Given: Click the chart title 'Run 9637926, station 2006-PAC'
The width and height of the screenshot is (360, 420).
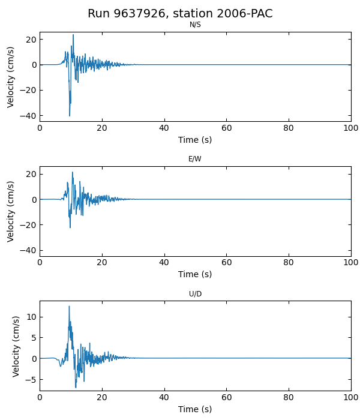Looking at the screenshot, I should point(180,13).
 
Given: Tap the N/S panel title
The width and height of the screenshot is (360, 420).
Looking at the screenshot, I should point(195,25).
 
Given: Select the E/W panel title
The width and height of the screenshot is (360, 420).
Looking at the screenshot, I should point(195,159).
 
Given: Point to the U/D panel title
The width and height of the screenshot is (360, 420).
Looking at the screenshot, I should point(195,294).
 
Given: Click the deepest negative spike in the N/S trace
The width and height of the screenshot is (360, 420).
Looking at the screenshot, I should point(70,116).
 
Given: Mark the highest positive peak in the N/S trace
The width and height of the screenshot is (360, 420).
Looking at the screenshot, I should point(73,35).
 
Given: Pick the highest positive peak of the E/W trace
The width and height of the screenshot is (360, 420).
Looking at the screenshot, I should point(73,172).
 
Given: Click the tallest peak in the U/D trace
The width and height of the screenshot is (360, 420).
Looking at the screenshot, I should point(69,307).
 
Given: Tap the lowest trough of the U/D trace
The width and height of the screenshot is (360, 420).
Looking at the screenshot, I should point(76,387).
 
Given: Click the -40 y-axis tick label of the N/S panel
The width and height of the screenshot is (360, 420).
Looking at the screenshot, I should point(28,116).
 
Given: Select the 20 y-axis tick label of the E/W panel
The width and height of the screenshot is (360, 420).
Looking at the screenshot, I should point(30,174).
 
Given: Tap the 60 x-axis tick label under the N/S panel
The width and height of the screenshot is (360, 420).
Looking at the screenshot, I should point(226,128).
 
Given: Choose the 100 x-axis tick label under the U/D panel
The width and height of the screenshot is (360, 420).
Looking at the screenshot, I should point(351,397).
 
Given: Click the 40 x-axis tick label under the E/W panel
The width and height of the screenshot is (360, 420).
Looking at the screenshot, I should point(164,263).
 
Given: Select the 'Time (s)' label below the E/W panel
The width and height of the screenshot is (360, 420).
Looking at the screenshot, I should point(195,274).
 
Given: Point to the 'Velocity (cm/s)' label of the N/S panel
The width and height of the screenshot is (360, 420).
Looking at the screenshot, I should point(11,77).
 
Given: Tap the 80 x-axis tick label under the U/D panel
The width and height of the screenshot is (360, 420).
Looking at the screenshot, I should point(289,397).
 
